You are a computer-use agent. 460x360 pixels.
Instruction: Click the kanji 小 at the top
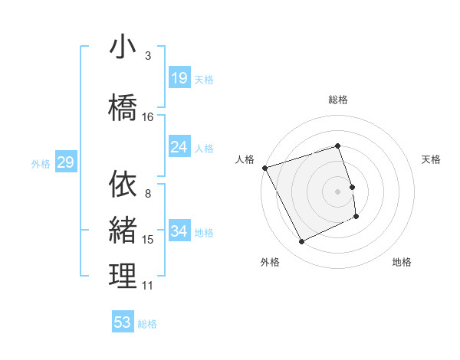pos(123,47)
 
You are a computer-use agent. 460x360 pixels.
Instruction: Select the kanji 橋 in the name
pos(123,108)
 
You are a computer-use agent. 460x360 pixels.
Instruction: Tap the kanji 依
pos(123,184)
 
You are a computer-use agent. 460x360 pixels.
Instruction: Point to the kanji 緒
pos(123,230)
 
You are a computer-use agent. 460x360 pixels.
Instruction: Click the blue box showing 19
pos(179,77)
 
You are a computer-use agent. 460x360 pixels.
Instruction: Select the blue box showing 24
pos(179,146)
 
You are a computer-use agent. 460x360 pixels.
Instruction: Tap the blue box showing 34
pos(179,231)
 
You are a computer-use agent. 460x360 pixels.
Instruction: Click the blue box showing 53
pos(123,322)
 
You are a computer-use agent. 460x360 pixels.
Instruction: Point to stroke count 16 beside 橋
pos(148,117)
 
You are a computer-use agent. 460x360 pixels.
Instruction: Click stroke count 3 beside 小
pos(148,56)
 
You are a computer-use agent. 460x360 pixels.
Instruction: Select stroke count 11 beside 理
pos(148,286)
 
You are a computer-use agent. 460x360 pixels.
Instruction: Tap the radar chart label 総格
pos(338,100)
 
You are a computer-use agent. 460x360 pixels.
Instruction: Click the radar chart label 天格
pos(432,159)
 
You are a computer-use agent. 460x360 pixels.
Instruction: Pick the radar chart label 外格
pos(270,262)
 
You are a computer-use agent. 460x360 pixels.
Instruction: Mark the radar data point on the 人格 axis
pos(264,167)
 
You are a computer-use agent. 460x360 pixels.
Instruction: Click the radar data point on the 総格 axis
pos(338,146)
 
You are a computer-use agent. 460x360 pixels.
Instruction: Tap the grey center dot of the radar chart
pos(338,191)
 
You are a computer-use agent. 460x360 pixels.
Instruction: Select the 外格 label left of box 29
pos(40,163)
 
